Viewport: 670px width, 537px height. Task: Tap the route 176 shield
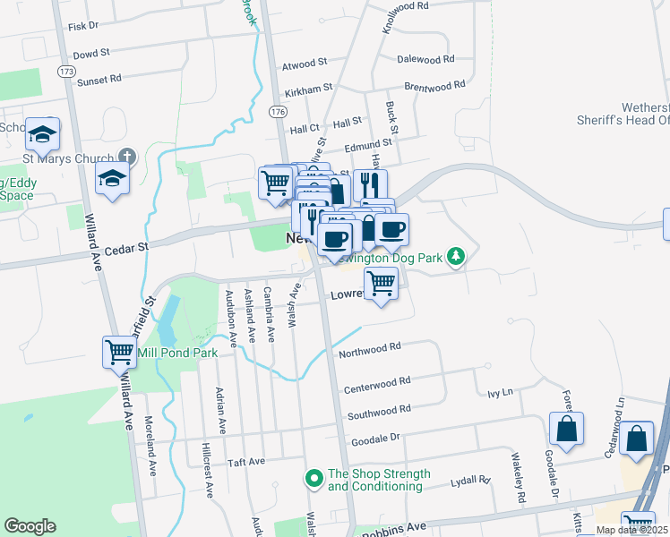point(277,111)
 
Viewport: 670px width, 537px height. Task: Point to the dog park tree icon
point(457,258)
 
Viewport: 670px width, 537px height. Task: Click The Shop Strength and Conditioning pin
point(314,479)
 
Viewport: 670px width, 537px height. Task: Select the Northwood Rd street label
point(368,349)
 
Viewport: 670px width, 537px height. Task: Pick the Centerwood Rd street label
point(377,383)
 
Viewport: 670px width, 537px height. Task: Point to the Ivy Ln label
point(499,393)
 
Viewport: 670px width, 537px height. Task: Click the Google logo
point(30,526)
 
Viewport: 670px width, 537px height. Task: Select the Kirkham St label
point(308,90)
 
